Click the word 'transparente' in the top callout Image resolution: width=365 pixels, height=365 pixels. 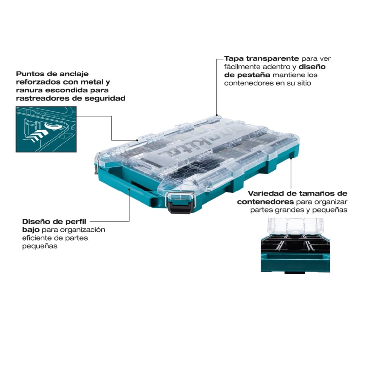(272, 58)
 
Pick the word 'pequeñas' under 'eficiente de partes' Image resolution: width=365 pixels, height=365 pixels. (40, 246)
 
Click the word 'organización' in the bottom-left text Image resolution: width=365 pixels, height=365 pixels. (82, 230)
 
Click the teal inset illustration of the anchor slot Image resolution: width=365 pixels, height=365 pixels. (46, 129)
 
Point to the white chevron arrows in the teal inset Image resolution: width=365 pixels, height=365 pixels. (36, 136)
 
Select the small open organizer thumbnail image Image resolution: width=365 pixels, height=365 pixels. (295, 246)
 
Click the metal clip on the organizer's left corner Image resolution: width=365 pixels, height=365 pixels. (98, 163)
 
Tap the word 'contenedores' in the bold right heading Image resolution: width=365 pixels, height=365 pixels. (265, 202)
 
